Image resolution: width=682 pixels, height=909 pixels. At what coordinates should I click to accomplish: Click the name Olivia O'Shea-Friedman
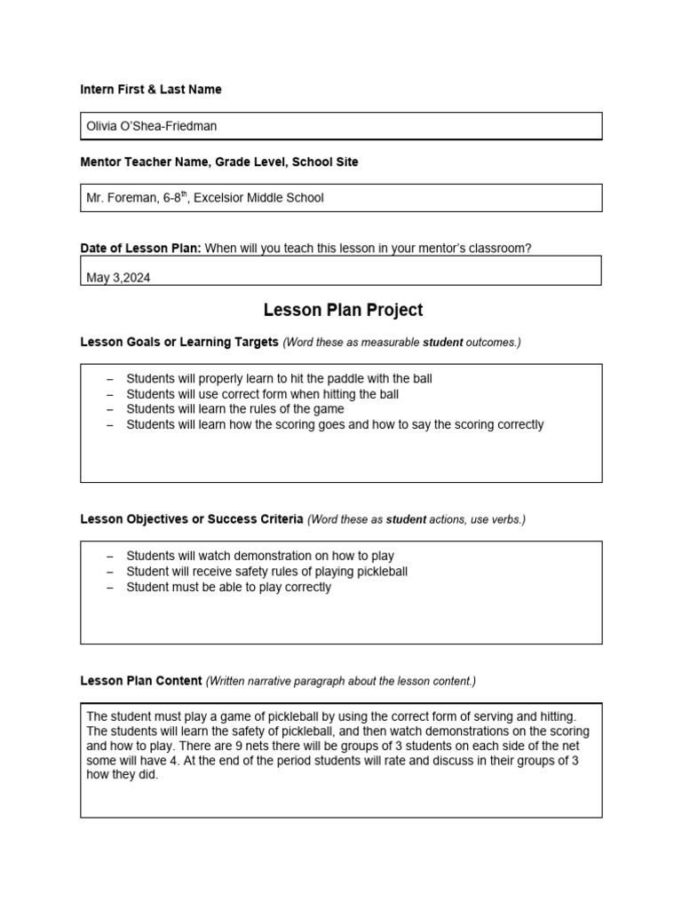(151, 126)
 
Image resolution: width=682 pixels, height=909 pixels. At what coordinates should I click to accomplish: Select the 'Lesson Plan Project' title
(343, 310)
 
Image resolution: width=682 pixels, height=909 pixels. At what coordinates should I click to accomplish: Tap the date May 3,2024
(118, 278)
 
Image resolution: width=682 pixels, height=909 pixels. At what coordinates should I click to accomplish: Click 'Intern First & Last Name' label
(151, 90)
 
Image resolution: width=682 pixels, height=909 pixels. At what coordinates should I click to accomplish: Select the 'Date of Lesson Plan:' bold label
(140, 249)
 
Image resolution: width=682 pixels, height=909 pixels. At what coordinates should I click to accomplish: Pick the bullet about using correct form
(262, 394)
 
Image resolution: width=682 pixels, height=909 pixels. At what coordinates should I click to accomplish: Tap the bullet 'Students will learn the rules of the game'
(234, 409)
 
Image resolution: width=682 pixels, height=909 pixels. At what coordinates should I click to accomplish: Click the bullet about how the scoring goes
(334, 424)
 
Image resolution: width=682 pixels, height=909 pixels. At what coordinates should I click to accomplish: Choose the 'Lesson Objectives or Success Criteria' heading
(192, 519)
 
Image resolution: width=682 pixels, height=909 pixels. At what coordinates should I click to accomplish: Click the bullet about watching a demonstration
(259, 557)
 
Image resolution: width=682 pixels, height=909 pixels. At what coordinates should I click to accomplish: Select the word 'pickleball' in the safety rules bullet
(377, 572)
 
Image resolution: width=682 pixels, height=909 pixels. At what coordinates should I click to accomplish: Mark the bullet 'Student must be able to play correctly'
(228, 587)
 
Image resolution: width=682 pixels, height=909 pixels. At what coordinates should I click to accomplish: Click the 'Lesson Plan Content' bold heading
(141, 681)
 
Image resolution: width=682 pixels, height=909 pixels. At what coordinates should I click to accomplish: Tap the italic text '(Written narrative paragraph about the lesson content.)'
(341, 681)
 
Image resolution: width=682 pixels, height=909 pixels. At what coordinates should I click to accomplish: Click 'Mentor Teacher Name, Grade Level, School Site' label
(219, 162)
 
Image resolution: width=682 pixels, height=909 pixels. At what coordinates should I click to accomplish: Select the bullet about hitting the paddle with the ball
(279, 379)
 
